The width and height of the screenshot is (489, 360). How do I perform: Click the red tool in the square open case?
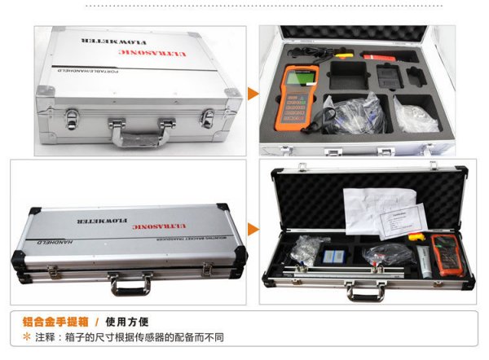point(377,58)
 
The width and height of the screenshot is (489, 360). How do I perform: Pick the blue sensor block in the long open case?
point(334,256)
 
